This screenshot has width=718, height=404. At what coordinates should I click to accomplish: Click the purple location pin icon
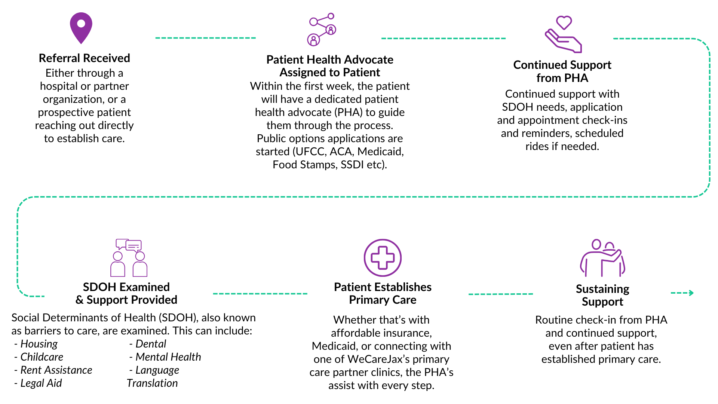(x=81, y=27)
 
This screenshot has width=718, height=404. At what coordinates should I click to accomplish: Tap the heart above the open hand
(x=564, y=22)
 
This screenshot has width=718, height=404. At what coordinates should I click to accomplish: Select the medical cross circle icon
(x=383, y=258)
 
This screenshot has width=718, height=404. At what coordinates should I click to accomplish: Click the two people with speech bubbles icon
(x=129, y=258)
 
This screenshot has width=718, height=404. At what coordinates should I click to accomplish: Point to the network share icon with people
(x=322, y=29)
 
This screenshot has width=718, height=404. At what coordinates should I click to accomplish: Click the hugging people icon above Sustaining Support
(x=602, y=258)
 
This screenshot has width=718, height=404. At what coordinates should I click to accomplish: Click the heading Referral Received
(x=85, y=58)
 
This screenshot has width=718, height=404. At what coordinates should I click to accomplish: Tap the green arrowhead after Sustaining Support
(x=691, y=293)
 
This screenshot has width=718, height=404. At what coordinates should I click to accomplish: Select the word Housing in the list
(x=39, y=344)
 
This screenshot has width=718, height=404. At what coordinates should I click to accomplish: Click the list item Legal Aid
(x=41, y=383)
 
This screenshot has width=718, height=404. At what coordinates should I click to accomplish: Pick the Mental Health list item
(x=168, y=357)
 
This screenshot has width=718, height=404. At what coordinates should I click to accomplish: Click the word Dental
(x=151, y=344)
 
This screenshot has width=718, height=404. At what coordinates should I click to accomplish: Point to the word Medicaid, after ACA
(x=381, y=151)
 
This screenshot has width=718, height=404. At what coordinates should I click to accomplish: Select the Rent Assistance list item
(x=56, y=370)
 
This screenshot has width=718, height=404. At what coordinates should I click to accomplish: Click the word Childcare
(x=42, y=357)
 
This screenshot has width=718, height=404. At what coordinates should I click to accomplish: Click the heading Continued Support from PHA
(x=562, y=71)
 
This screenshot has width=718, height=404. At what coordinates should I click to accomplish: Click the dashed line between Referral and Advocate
(x=206, y=38)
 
